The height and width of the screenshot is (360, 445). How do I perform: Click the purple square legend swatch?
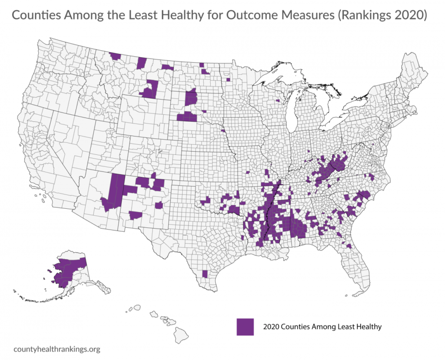245,327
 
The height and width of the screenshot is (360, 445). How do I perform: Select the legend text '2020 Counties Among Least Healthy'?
322,327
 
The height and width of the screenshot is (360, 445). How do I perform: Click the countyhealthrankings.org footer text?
57,349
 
